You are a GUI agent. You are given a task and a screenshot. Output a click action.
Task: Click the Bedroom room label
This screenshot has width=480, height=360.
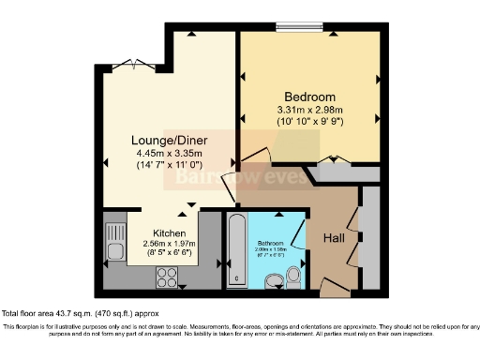tap(309, 97)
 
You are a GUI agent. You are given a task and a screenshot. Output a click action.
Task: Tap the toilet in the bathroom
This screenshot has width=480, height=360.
tap(293, 276)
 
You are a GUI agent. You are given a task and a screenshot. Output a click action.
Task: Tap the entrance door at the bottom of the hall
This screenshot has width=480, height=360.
tap(334, 287)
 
